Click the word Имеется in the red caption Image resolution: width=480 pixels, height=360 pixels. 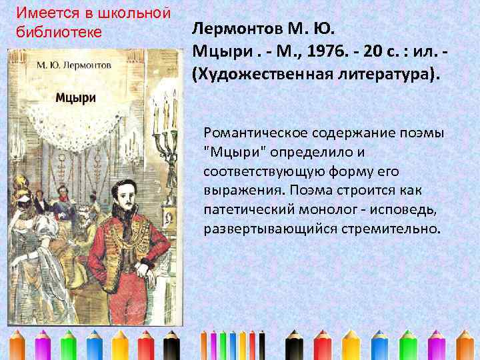coord(41,13)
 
